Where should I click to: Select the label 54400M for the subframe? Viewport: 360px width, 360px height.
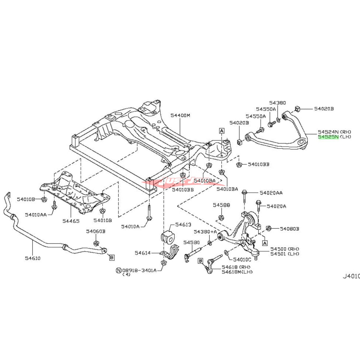(181, 115)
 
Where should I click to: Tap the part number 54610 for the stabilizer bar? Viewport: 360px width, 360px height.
(33, 258)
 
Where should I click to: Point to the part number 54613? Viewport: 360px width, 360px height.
(183, 224)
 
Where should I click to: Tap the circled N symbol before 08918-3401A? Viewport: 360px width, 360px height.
(119, 270)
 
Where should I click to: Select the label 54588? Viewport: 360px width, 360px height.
(221, 205)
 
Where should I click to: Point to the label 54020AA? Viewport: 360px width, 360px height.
(271, 193)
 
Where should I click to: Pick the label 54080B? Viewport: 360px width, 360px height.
(289, 229)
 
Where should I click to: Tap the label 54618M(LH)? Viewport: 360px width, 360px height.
(237, 272)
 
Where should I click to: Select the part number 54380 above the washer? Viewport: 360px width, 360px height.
(277, 103)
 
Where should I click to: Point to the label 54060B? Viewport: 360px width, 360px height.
(96, 231)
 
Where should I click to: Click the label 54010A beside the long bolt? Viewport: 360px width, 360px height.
(130, 226)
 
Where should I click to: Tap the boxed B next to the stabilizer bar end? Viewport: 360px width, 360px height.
(111, 257)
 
